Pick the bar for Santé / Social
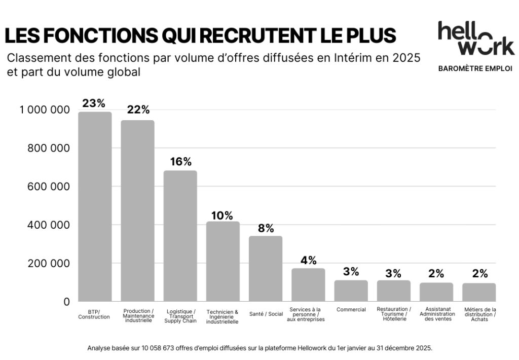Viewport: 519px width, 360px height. (x=266, y=269)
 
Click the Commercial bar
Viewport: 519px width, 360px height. (x=351, y=291)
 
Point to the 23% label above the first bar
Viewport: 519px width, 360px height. (x=94, y=103)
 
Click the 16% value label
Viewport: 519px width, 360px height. (x=180, y=162)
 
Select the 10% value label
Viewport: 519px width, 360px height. (x=223, y=215)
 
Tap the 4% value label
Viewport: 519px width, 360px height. (x=308, y=260)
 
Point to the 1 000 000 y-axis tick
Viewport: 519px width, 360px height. (x=45, y=110)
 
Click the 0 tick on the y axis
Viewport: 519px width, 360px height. (x=66, y=302)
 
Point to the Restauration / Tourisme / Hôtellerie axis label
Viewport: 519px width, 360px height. (x=394, y=314)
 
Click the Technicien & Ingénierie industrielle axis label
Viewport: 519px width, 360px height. (x=223, y=316)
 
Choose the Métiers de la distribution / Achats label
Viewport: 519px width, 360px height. (x=479, y=314)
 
